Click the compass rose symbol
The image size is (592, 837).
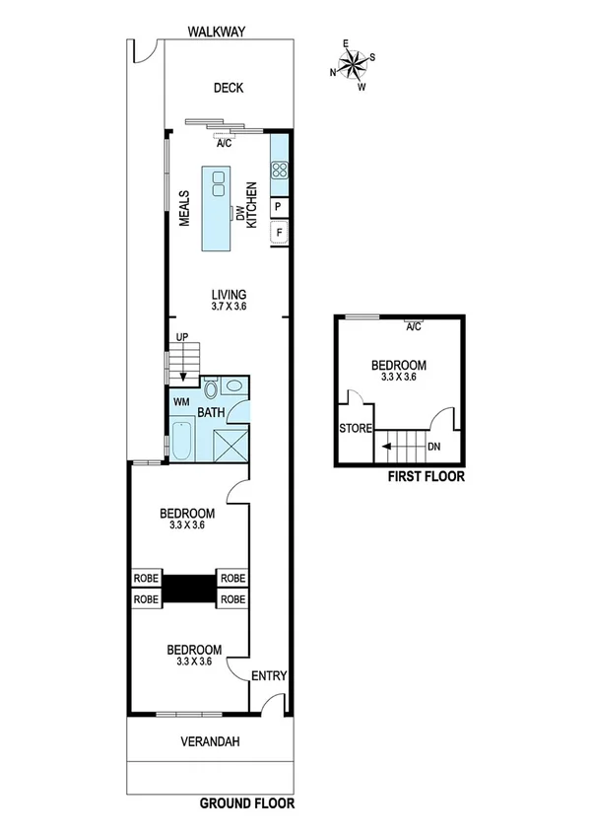[x=355, y=66]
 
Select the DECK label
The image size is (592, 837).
[x=229, y=88]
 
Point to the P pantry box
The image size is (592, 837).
[x=279, y=207]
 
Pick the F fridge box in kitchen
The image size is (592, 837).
[x=279, y=234]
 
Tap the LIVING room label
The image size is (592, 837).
[x=229, y=294]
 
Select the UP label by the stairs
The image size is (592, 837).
[x=181, y=337]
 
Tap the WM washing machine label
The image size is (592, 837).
[x=181, y=402]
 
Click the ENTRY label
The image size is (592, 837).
[x=269, y=675]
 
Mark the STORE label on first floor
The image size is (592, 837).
[x=355, y=429]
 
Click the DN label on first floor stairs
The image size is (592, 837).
[x=433, y=447]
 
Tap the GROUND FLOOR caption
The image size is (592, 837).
[x=247, y=803]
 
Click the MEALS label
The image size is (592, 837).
[x=184, y=209]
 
